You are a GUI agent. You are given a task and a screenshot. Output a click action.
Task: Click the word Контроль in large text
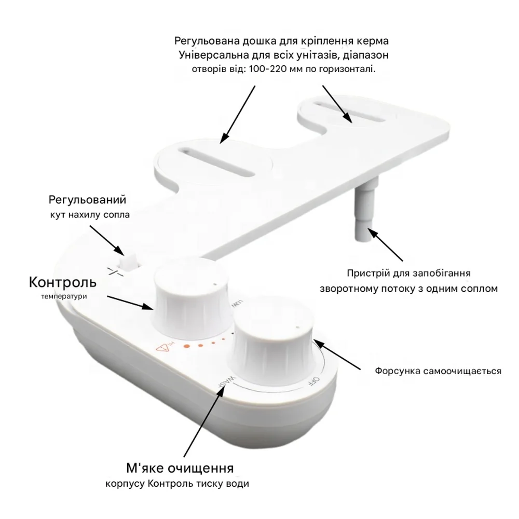[x=63, y=282]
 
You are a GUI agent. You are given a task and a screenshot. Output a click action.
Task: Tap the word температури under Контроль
[x=64, y=296]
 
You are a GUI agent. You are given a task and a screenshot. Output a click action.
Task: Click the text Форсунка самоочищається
[x=438, y=371]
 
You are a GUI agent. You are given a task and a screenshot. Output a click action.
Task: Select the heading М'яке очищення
[x=180, y=468]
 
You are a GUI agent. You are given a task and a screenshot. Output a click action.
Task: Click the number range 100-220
[x=270, y=69]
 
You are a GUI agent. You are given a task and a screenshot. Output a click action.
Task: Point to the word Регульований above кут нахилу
[x=87, y=200]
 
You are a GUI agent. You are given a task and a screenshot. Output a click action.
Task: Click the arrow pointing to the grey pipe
[x=386, y=244]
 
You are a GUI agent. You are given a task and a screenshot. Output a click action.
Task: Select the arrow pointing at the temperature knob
[x=130, y=303]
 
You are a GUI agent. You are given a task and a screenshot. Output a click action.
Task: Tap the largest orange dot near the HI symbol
[x=187, y=346]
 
